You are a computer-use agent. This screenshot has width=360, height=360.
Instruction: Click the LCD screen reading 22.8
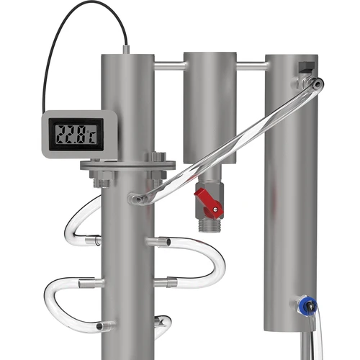tap(78, 133)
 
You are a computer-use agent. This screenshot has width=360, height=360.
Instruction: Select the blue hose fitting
tap(306, 306)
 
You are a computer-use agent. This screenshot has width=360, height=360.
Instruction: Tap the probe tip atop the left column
tap(126, 50)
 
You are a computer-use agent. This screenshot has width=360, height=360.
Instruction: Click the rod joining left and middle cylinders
tap(168, 66)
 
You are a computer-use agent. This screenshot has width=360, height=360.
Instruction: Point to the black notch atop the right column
tap(305, 67)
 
